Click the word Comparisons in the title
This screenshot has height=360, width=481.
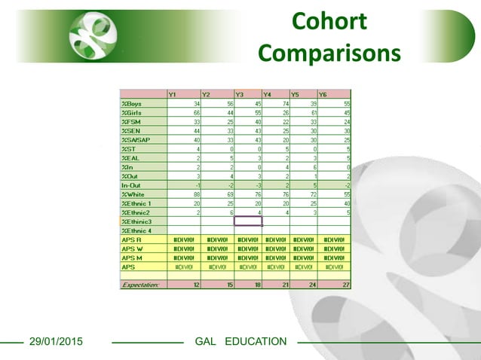pos(329,53)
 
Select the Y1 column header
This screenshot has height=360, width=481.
pos(173,94)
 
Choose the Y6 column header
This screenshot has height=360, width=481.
pos(323,94)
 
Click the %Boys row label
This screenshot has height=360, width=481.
pos(131,103)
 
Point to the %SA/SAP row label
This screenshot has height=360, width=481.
pos(136,139)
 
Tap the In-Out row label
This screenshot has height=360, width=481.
pos(132,185)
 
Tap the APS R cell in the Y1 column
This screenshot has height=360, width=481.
pos(184,239)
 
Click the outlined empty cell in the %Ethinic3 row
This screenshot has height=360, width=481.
pos(248,221)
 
